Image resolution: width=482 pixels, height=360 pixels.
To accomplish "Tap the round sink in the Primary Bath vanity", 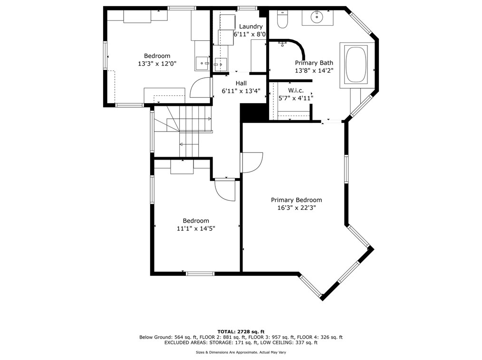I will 318,17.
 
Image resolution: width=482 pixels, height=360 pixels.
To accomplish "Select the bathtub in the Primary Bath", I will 356,64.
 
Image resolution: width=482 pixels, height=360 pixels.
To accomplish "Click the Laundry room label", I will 251,27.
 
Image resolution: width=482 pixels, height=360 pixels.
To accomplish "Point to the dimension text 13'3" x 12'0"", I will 157,64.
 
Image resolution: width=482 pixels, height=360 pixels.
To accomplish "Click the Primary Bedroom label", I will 296,200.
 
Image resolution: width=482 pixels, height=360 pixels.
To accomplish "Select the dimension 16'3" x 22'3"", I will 296,208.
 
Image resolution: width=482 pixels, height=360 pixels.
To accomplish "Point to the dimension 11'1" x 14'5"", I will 196,228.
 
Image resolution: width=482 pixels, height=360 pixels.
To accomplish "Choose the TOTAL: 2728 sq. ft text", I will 241,332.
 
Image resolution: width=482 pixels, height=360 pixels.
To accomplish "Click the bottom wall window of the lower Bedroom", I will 200,273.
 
